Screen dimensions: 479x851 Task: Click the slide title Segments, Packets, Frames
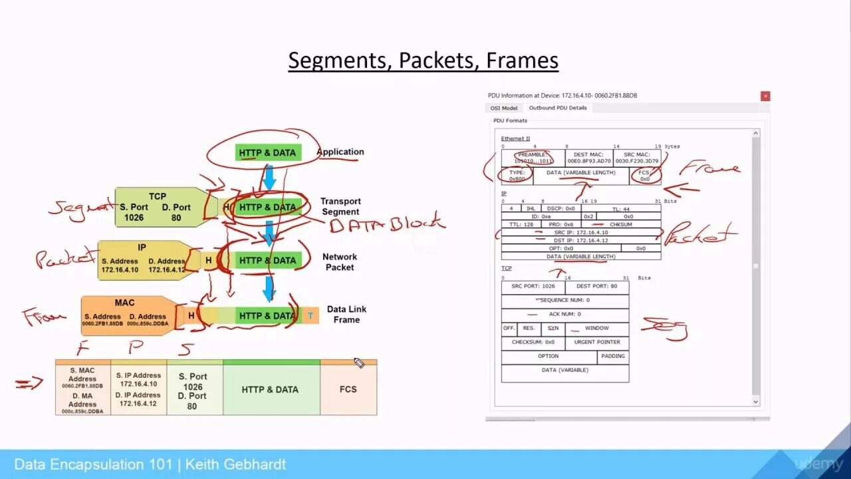tap(423, 61)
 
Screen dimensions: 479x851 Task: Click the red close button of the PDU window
tap(765, 96)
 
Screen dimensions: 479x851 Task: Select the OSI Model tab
tap(503, 108)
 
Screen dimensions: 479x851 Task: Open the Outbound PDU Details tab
tap(557, 108)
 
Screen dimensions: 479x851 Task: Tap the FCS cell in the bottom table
tap(348, 389)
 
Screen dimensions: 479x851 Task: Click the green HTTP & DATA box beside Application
tap(267, 152)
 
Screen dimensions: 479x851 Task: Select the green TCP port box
tap(157, 207)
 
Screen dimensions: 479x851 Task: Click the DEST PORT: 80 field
tap(596, 286)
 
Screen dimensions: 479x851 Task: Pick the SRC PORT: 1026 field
tap(533, 286)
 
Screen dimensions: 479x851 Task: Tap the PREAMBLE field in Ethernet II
tap(533, 158)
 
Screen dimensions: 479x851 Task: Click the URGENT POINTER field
tap(596, 342)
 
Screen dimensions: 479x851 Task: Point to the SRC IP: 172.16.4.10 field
tap(580, 232)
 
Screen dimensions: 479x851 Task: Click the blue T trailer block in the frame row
tap(310, 315)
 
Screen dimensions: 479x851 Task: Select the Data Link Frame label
tap(346, 314)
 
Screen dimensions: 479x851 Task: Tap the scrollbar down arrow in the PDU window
tap(755, 402)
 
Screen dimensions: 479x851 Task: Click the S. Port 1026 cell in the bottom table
tap(193, 391)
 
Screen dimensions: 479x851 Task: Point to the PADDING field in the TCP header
tap(612, 356)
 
